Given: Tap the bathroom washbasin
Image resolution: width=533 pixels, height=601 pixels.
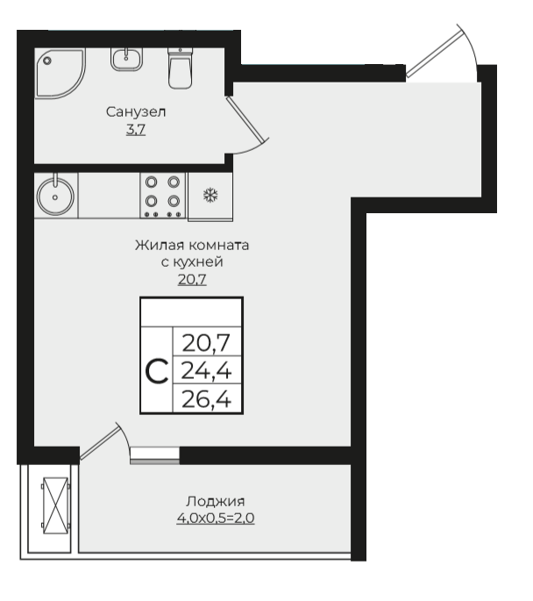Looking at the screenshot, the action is click(x=127, y=59).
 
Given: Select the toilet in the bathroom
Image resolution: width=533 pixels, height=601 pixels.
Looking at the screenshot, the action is click(x=180, y=68).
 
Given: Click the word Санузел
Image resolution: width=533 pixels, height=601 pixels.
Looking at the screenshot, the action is click(x=136, y=112).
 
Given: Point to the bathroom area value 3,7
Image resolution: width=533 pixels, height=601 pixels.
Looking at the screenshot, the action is click(x=136, y=130).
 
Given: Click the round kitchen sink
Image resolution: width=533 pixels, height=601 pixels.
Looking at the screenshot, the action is click(x=55, y=197).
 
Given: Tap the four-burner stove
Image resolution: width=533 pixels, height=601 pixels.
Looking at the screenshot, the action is click(x=163, y=196).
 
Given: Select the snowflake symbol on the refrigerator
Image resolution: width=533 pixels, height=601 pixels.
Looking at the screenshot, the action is click(x=210, y=195).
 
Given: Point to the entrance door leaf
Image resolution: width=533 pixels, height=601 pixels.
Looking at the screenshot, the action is click(x=433, y=54).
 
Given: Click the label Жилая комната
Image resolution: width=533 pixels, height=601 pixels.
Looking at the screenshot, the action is click(x=192, y=245).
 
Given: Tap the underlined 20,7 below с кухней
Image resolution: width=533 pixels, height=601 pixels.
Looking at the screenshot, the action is click(x=192, y=279).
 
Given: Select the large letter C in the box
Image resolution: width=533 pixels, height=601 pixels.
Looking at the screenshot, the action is click(x=157, y=371).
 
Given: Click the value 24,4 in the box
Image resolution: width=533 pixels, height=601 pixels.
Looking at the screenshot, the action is click(x=206, y=370).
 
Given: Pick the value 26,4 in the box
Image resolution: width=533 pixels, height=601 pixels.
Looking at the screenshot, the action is click(x=206, y=399).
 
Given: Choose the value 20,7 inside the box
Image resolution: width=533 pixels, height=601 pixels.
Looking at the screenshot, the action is click(x=206, y=343).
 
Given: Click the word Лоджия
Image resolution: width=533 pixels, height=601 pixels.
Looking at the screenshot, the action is click(x=215, y=501).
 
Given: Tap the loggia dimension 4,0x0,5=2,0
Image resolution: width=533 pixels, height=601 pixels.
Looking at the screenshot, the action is click(x=216, y=519).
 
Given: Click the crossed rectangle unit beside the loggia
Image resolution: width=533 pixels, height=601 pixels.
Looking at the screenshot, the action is click(x=56, y=505).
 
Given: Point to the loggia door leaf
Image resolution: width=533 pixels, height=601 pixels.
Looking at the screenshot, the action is click(x=100, y=442).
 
